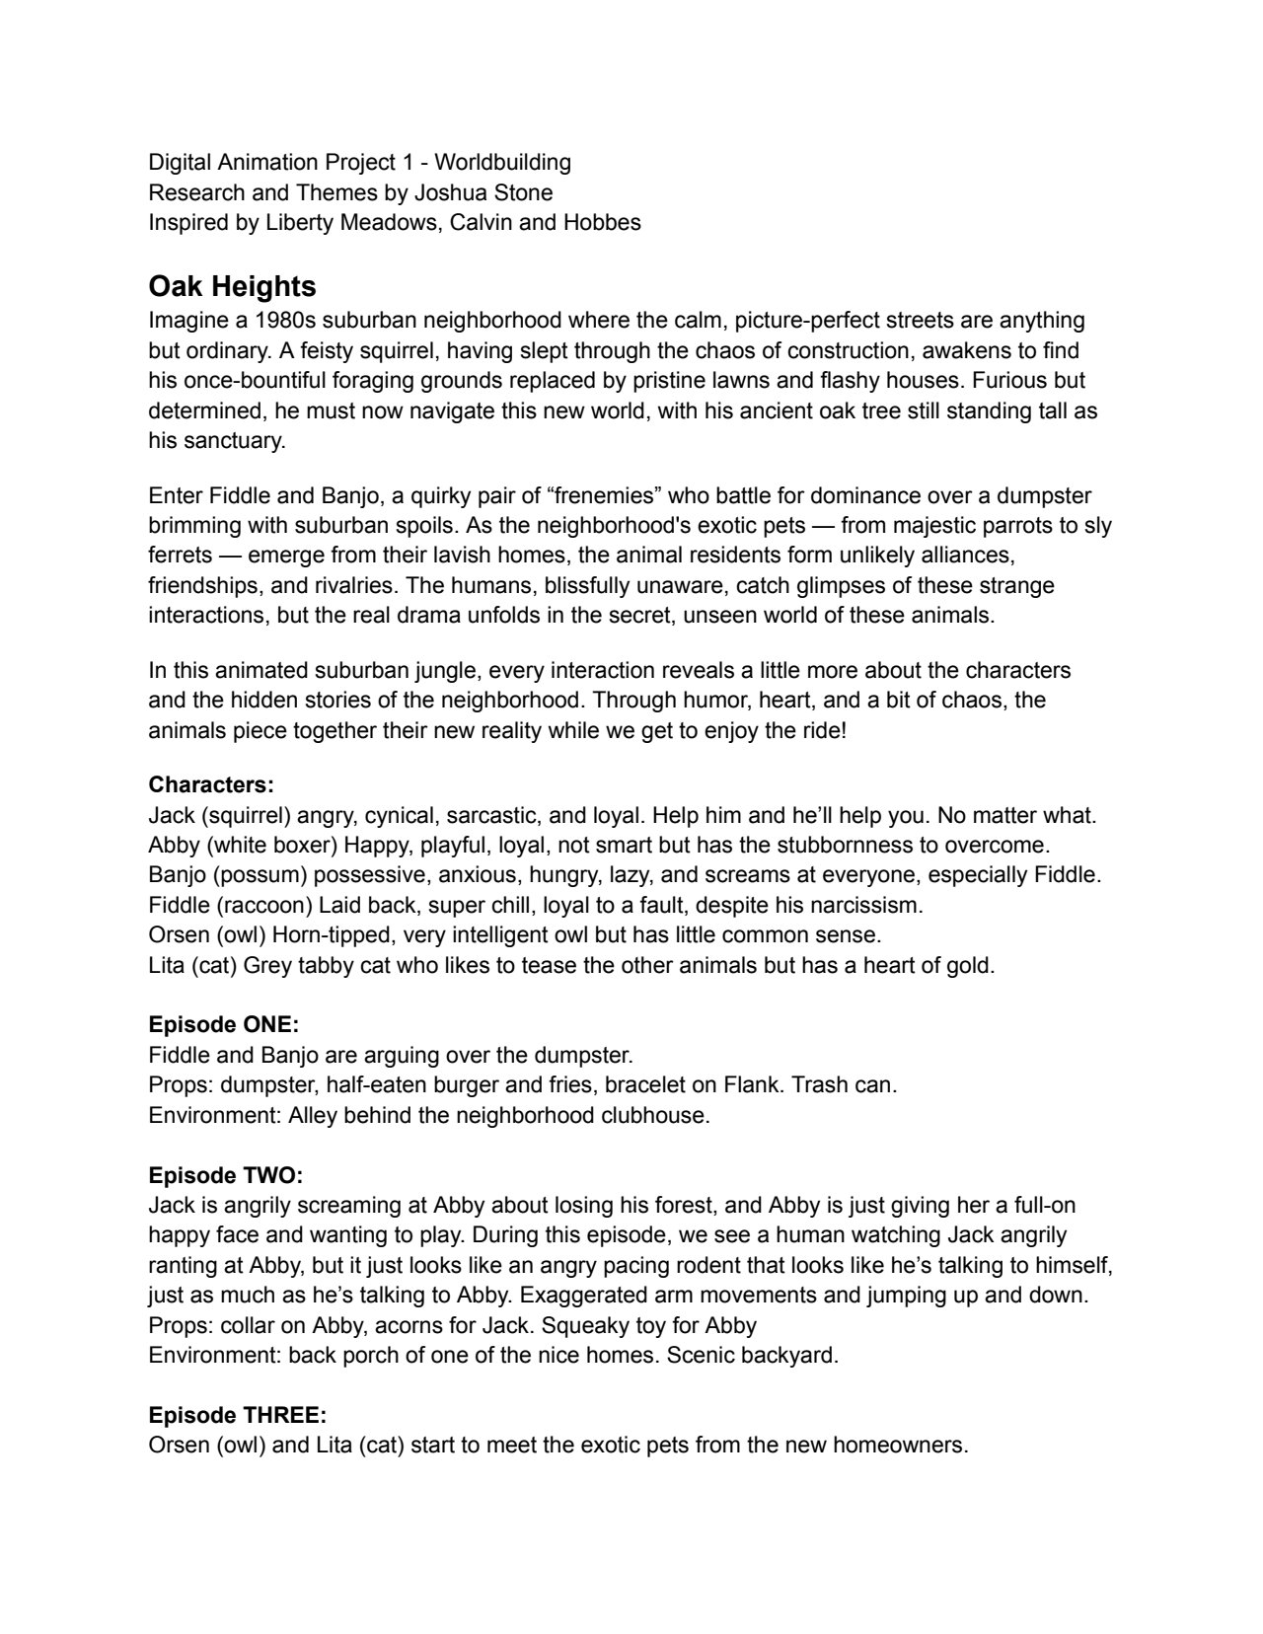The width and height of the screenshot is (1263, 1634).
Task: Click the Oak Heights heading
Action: [x=232, y=286]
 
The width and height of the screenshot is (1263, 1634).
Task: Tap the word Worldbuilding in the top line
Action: [x=502, y=162]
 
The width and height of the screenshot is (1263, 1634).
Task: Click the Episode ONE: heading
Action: [x=224, y=1025]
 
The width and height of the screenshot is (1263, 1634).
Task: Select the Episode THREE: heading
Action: [x=238, y=1415]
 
